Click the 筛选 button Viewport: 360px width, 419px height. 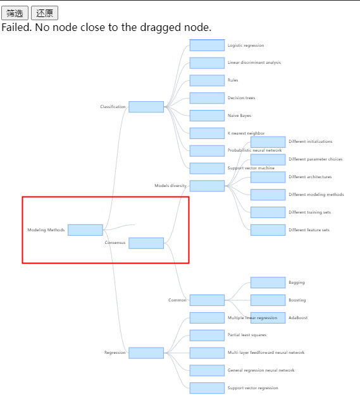click(15, 13)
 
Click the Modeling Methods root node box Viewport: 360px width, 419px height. click(85, 230)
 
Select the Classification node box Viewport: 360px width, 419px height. click(146, 107)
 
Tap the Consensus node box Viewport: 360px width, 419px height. click(146, 243)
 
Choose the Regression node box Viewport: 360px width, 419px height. click(146, 353)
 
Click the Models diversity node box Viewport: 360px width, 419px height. click(207, 186)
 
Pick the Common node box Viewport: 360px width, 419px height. click(207, 300)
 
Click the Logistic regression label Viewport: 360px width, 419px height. click(245, 46)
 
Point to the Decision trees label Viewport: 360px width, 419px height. click(241, 98)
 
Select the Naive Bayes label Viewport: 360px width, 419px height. click(239, 116)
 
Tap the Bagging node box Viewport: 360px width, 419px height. click(268, 282)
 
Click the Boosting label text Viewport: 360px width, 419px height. click(297, 300)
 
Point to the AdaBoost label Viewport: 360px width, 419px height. click(298, 318)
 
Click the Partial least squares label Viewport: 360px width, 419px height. click(247, 335)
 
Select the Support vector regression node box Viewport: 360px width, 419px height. click(207, 388)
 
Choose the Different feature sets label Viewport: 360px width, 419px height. click(309, 230)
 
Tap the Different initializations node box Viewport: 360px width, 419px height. click(268, 142)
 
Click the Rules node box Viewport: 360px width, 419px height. click(207, 80)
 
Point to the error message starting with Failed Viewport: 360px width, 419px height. click(106, 27)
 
